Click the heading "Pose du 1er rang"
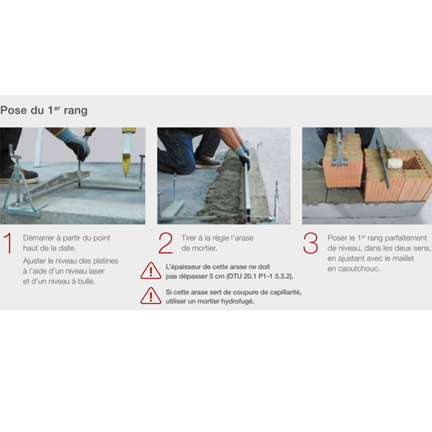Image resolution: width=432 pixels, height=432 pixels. coord(44,110)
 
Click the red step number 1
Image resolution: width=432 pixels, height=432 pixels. coord(8,243)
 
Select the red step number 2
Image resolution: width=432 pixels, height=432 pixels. coord(166,243)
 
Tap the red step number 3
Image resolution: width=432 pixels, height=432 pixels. coord(310,243)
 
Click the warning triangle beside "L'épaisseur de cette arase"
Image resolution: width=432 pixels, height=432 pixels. coord(150,271)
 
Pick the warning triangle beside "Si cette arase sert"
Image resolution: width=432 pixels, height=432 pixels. coord(150,296)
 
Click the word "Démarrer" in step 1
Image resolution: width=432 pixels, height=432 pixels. coord(39,238)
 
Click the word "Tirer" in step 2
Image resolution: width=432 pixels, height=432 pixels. coord(189,238)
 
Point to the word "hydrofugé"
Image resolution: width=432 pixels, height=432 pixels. coord(238,302)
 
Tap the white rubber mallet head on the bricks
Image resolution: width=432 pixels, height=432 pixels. coord(393,163)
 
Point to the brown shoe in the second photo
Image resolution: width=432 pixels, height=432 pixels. coord(208,162)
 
